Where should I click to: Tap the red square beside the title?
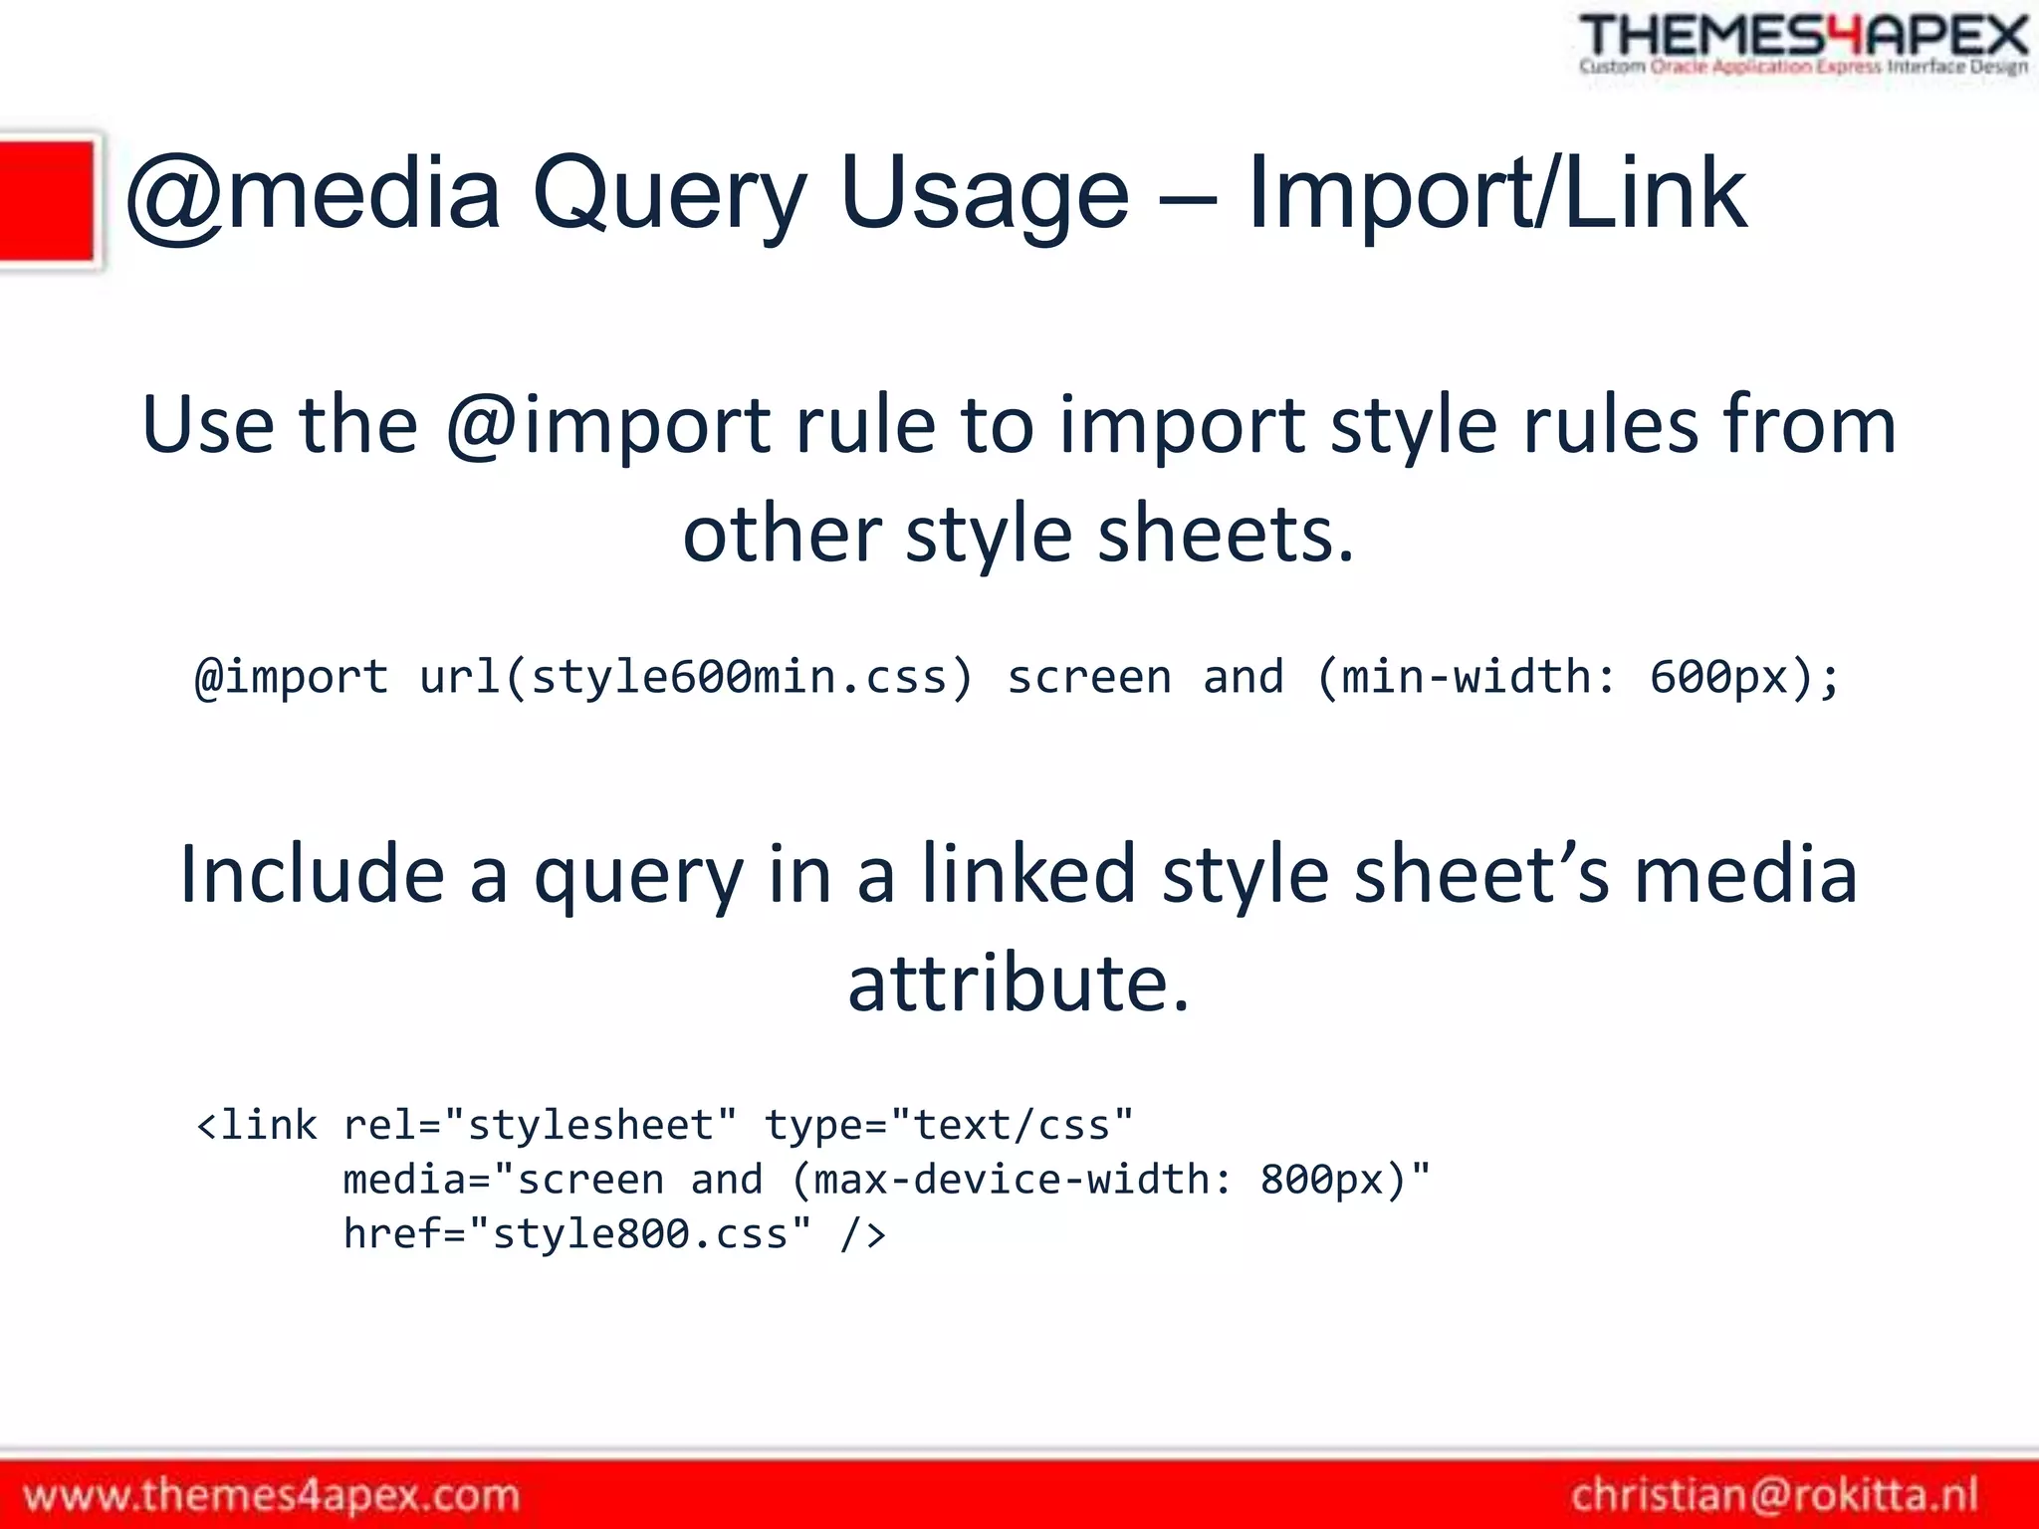coord(47,201)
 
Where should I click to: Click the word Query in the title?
coord(669,195)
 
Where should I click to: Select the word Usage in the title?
coord(985,195)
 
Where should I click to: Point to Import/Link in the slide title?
coord(1495,195)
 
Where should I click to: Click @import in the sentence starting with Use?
coord(606,426)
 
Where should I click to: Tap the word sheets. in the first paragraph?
coord(1226,536)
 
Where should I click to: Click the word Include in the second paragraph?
coord(312,875)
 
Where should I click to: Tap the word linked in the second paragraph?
coord(1027,875)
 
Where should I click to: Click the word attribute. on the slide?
coord(1019,984)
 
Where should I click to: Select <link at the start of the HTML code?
coord(257,1126)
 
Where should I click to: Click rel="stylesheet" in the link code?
coord(540,1126)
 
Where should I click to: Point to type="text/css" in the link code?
coord(948,1126)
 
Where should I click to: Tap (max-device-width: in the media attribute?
coord(1012,1181)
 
